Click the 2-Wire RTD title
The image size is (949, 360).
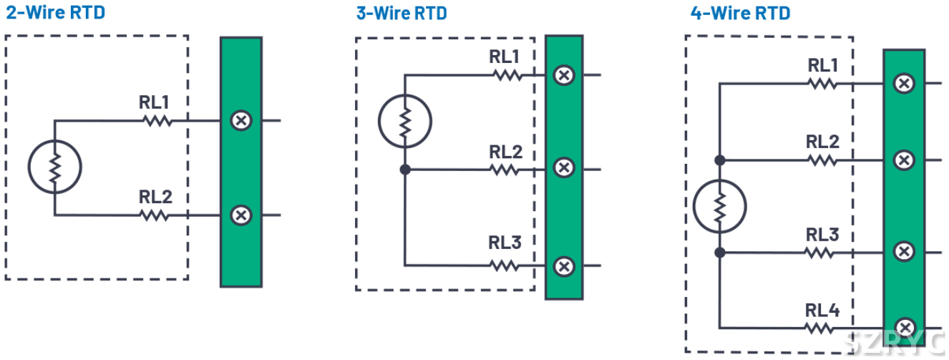(x=55, y=13)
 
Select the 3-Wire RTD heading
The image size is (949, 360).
(x=401, y=13)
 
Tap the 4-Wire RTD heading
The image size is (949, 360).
(x=740, y=13)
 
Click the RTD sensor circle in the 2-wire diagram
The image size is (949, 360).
(x=54, y=167)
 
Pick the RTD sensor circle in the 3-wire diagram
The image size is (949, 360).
(x=404, y=122)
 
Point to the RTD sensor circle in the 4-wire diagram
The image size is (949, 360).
(x=720, y=206)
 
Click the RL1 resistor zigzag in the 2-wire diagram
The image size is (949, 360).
(x=157, y=121)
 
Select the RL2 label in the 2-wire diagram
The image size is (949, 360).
(x=155, y=197)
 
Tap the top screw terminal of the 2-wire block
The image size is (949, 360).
(x=241, y=120)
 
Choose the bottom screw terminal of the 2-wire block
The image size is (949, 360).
(x=241, y=215)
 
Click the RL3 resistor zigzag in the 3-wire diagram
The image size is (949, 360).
(x=505, y=266)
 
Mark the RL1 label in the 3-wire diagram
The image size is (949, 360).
(x=505, y=56)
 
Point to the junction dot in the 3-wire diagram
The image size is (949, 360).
(x=404, y=170)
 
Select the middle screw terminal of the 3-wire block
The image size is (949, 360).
(x=565, y=168)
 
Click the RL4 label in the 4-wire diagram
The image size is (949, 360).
(x=822, y=310)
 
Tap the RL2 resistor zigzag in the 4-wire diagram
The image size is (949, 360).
(x=822, y=160)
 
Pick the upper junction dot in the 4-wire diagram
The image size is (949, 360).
(x=720, y=160)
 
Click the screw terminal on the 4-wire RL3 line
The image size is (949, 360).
(x=905, y=252)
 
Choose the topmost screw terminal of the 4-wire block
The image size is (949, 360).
(x=905, y=83)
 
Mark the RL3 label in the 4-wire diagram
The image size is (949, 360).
(x=822, y=235)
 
